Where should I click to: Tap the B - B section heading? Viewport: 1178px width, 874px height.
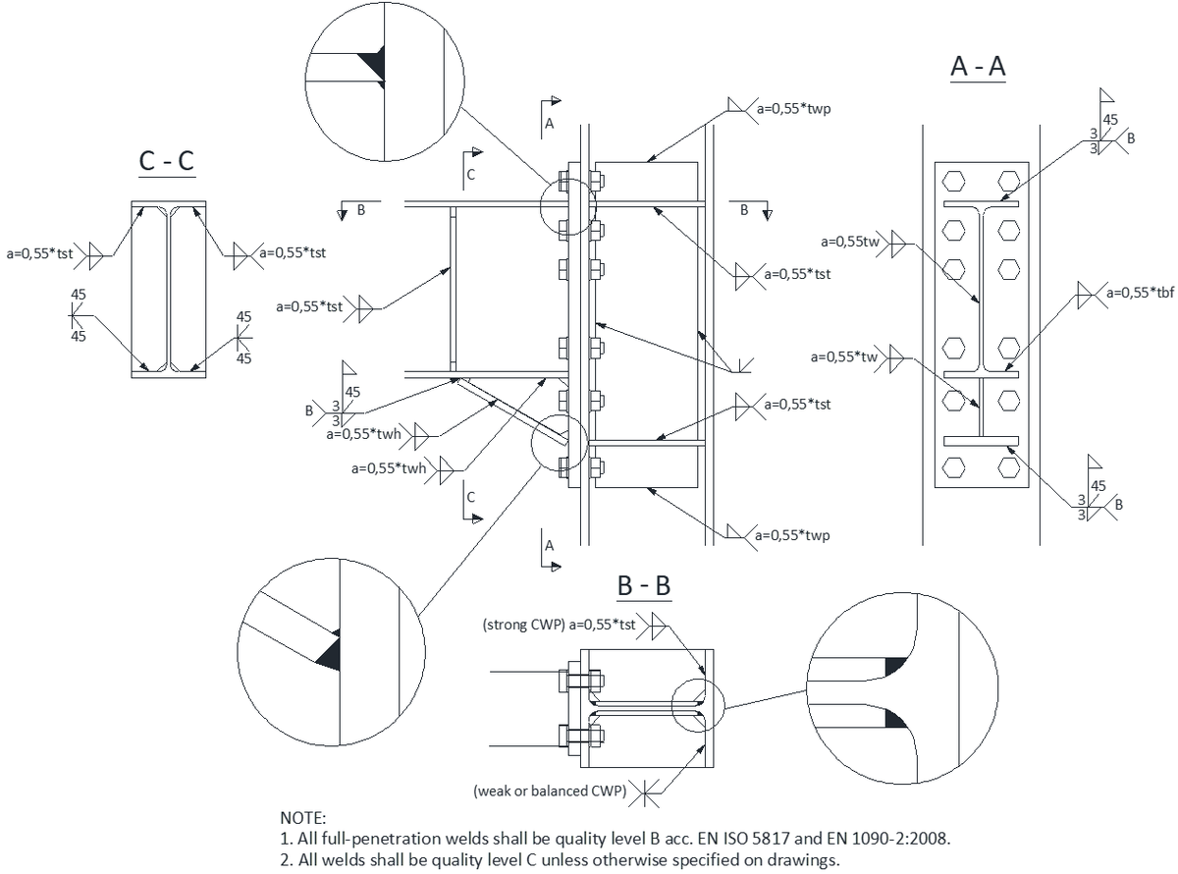[643, 586]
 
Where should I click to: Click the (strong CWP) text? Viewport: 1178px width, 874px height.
[524, 624]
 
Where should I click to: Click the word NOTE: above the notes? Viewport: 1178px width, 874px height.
[305, 817]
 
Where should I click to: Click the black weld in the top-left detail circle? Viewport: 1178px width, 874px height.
[373, 65]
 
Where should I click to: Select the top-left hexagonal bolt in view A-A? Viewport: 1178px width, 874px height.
[951, 182]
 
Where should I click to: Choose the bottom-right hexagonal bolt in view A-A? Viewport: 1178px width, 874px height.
[1006, 466]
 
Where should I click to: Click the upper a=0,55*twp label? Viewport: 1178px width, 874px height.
[794, 109]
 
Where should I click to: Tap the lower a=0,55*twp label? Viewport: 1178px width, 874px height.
[794, 535]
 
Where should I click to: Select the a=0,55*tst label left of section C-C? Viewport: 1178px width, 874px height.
[40, 253]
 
